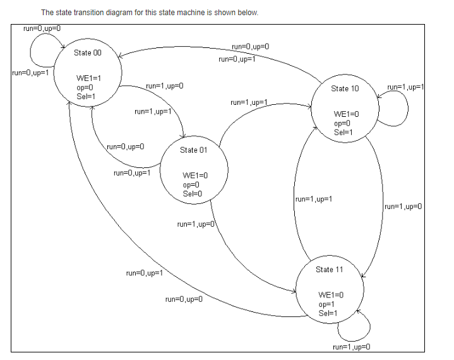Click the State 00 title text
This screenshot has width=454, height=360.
[x=87, y=53]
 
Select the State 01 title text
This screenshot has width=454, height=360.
[x=193, y=150]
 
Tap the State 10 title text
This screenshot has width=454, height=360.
[x=345, y=88]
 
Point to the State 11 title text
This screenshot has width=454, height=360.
[x=329, y=270]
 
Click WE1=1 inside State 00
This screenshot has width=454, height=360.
[x=88, y=78]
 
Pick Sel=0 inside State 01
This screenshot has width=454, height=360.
[x=192, y=194]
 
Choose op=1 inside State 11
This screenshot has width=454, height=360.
[x=327, y=304]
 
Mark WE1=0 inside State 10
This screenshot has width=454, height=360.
[x=347, y=114]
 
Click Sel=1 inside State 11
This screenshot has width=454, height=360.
[x=328, y=313]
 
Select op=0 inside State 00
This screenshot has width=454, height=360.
[x=84, y=87]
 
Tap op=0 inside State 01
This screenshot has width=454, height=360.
[x=191, y=185]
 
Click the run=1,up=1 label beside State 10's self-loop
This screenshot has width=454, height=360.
[x=405, y=87]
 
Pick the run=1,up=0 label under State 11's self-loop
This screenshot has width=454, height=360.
[x=350, y=347]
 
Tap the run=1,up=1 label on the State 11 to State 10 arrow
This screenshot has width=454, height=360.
[x=314, y=200]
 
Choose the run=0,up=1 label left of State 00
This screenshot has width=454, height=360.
[x=30, y=73]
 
